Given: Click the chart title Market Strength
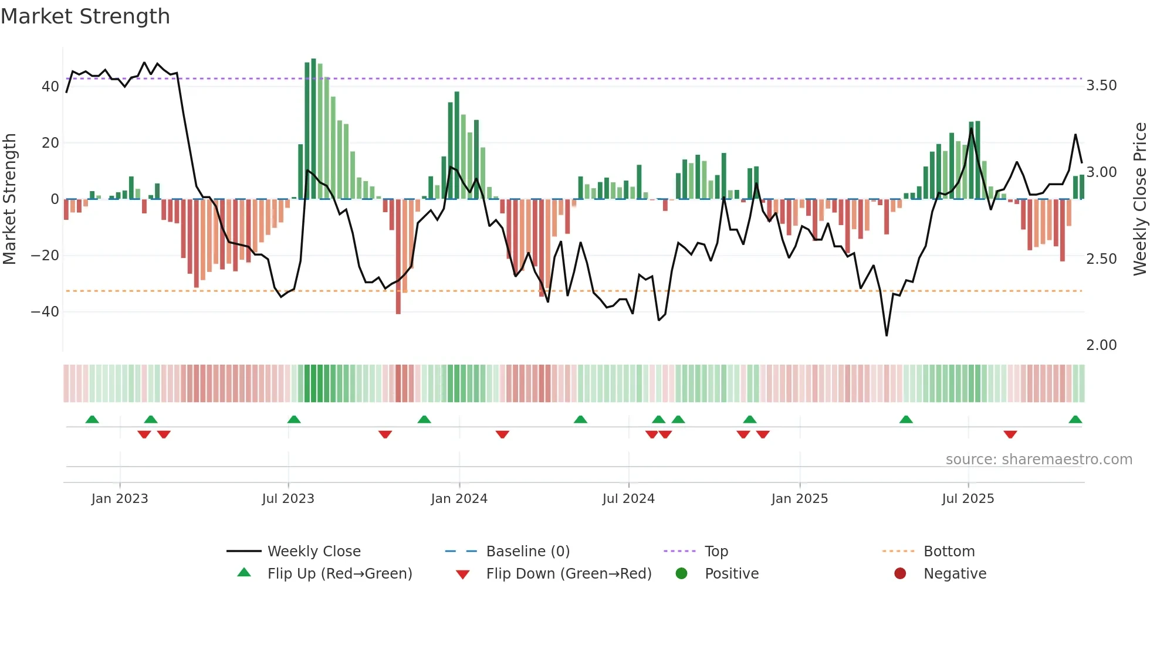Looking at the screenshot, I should (x=86, y=16).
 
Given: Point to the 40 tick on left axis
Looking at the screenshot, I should (x=50, y=87).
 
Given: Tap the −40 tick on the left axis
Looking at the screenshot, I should (x=45, y=312).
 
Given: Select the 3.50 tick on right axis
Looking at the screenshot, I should (x=1101, y=86).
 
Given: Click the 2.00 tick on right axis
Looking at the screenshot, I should (x=1101, y=345).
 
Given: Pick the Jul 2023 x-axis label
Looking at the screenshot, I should (x=288, y=499).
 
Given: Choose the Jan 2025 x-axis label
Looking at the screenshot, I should (x=799, y=499).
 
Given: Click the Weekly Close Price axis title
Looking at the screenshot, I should (x=1139, y=199).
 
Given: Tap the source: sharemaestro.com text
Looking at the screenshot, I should (x=1039, y=460).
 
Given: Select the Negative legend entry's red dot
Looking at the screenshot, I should (x=900, y=574).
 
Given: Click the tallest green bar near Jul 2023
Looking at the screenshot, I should (x=313, y=129).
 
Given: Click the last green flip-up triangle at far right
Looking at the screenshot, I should (x=1075, y=420).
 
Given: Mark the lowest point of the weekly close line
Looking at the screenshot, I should (x=887, y=335).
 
